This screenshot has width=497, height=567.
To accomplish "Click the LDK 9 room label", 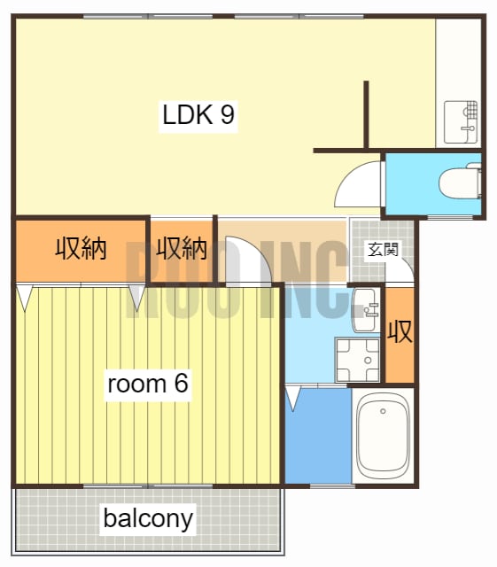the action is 198,115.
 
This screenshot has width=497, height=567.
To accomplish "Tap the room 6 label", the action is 148,384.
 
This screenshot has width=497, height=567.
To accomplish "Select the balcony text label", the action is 148,519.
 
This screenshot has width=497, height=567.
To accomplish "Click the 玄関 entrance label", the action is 383,250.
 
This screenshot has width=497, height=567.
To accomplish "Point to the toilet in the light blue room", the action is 460,183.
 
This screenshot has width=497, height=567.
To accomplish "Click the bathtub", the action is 383,435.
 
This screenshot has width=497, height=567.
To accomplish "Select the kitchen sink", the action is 461,122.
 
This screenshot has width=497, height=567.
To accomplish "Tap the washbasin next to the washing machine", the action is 365,310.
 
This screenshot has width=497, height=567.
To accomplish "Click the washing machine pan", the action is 357,360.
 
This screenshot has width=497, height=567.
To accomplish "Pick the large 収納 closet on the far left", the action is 81,250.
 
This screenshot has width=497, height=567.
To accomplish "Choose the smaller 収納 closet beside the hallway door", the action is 182,250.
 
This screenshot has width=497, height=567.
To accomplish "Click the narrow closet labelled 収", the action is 400,335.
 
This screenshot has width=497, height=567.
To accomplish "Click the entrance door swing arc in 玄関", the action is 404,264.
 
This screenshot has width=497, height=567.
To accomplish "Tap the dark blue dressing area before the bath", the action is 318,435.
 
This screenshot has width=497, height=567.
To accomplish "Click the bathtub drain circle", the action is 383,411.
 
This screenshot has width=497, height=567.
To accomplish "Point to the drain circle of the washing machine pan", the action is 369,361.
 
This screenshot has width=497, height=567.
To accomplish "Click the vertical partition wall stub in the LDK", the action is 366,114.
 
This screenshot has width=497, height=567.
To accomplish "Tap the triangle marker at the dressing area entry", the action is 293,398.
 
